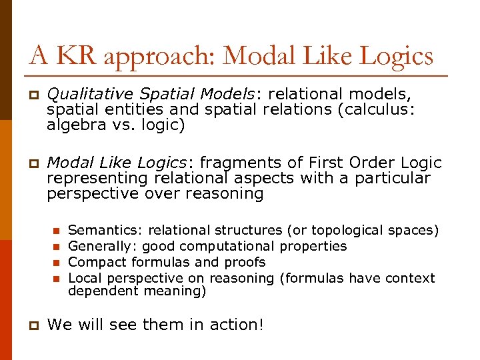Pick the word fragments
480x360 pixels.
(237, 163)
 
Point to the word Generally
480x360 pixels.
(99, 247)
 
